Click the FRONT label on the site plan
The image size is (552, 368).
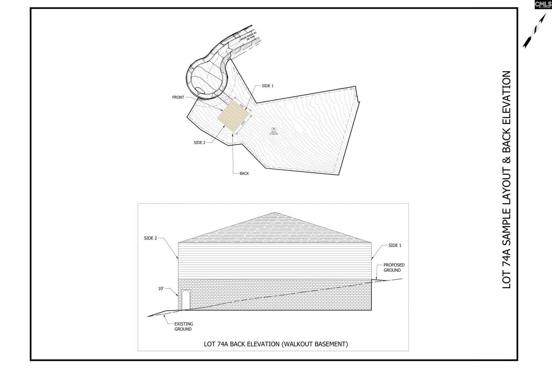click(178, 98)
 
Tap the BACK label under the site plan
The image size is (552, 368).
click(244, 173)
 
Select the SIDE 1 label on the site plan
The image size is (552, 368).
click(267, 86)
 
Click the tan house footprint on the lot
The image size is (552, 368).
click(234, 116)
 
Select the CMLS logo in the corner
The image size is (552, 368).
click(543, 4)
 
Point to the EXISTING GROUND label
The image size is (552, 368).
click(183, 326)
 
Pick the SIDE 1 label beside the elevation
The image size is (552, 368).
click(395, 245)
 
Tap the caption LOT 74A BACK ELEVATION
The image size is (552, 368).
click(276, 344)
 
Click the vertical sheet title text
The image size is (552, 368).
click(506, 180)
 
